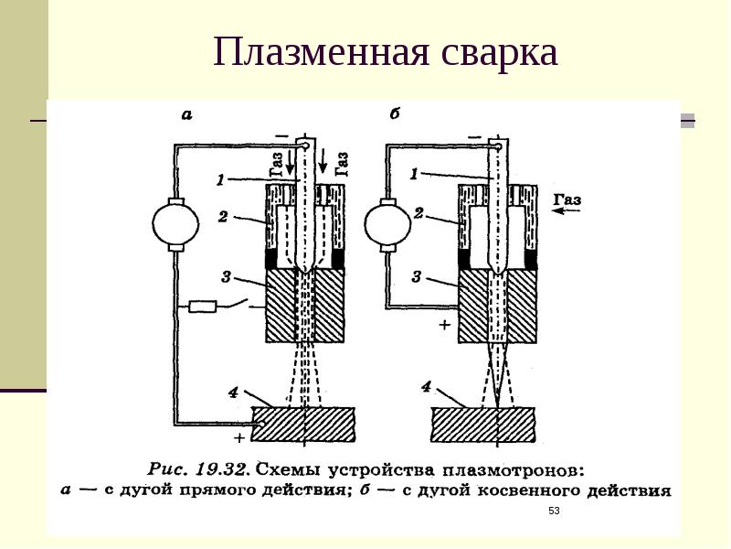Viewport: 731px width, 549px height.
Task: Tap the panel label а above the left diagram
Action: (187, 114)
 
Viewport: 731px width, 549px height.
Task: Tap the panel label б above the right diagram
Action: (395, 113)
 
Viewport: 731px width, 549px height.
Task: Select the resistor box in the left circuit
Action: (202, 306)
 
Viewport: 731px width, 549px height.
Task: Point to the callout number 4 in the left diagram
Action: (233, 393)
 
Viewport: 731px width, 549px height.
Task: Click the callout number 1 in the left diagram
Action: (219, 180)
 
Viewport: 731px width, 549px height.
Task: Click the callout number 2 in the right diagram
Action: (418, 213)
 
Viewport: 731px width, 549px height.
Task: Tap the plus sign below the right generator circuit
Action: (445, 324)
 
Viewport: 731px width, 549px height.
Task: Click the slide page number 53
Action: (553, 510)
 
